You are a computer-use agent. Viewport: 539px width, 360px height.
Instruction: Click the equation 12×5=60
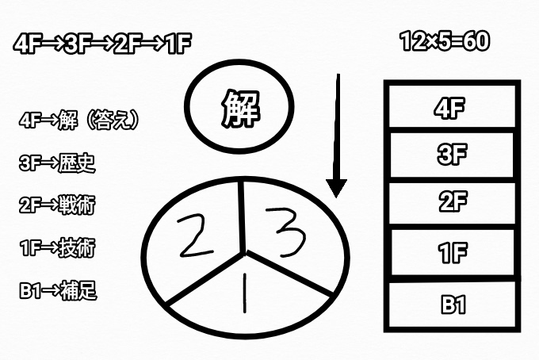coord(445,42)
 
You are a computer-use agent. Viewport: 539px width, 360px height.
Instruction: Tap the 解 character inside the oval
coord(239,109)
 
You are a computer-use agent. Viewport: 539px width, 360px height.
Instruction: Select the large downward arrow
coord(337,136)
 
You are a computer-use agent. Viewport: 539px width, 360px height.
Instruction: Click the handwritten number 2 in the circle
coord(195,236)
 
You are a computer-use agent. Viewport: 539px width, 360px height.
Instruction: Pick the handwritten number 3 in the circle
coord(285,233)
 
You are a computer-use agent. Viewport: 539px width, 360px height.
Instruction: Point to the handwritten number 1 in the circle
coord(244,293)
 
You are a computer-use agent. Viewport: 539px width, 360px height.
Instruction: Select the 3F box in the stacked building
coord(452,155)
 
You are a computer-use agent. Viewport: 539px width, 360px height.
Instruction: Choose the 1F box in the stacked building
coord(453,252)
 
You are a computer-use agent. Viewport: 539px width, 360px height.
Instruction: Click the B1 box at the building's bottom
coord(453,304)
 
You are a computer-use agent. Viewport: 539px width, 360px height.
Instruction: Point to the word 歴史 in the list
coord(77,163)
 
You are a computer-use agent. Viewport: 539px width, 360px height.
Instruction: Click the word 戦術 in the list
coord(77,205)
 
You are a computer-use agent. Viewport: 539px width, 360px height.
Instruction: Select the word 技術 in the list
coord(77,247)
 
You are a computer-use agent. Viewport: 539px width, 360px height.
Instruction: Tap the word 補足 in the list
coord(78,290)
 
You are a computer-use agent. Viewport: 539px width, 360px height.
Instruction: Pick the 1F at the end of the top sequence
coord(179,44)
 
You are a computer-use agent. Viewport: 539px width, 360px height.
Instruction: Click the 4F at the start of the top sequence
coord(25,44)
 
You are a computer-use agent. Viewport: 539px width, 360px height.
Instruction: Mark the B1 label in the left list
coord(30,290)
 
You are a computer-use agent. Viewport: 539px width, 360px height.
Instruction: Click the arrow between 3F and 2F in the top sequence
coord(102,44)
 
